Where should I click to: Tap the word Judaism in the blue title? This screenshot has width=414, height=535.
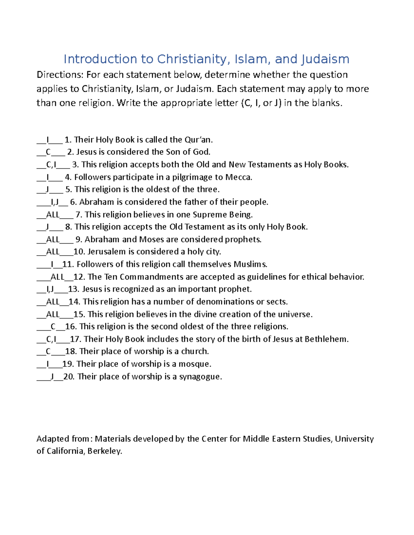pyautogui.click(x=325, y=59)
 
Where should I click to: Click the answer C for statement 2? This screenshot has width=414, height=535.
pyautogui.click(x=48, y=152)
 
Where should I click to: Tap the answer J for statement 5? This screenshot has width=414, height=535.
pyautogui.click(x=47, y=189)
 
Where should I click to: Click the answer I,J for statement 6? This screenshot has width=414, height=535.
pyautogui.click(x=55, y=202)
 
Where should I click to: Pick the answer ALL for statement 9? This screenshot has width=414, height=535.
pyautogui.click(x=53, y=239)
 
